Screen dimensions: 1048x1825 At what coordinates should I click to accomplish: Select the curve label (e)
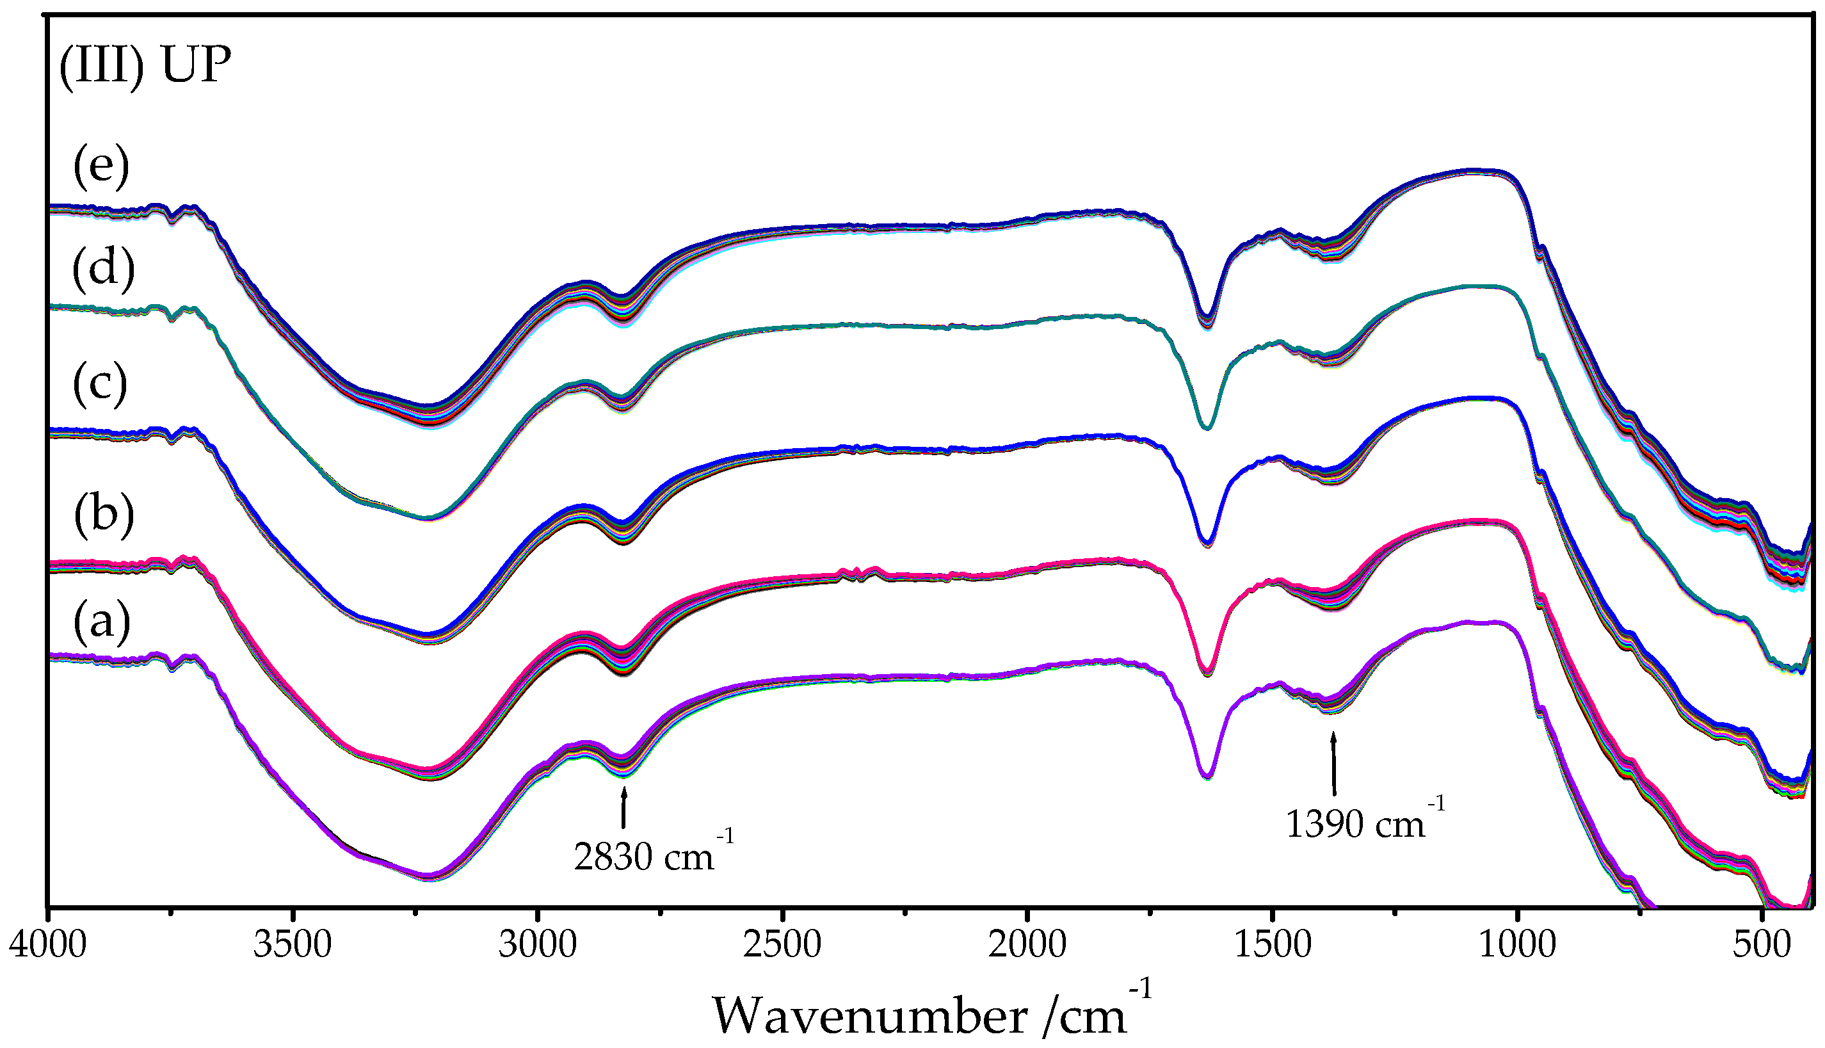(100, 167)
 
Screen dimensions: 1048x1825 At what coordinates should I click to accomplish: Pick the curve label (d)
(104, 270)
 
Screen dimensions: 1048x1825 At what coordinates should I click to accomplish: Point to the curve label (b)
(104, 515)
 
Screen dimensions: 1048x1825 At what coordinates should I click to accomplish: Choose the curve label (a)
(102, 621)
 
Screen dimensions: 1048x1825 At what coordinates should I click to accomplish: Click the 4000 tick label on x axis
(47, 944)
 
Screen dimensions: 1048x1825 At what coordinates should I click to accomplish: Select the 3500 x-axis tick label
(292, 944)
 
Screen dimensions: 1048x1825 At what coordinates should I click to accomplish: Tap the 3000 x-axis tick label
(538, 944)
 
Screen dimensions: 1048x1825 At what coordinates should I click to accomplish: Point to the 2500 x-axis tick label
(782, 944)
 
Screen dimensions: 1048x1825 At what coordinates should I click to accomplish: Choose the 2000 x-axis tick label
(1027, 944)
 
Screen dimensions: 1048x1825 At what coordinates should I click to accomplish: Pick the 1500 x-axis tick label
(1273, 944)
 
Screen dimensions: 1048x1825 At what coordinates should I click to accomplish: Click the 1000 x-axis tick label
(1518, 944)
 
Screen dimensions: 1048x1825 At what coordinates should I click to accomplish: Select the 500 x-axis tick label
(1762, 944)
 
